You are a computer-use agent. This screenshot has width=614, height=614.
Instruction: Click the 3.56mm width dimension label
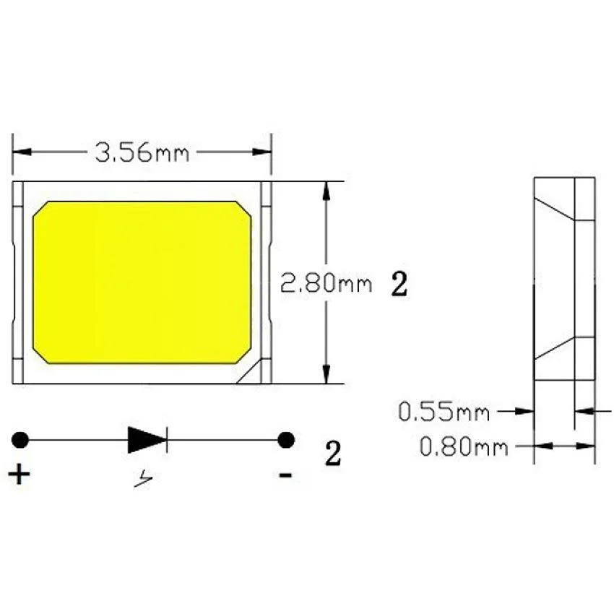point(142,153)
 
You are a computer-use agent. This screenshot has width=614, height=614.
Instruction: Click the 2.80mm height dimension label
point(326,283)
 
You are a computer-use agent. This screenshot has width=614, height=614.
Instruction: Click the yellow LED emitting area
point(142,282)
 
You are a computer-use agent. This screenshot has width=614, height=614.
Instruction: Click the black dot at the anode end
point(20,439)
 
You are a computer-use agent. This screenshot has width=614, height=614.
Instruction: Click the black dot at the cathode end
point(287,439)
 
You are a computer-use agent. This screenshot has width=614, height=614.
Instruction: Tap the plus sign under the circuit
point(20,475)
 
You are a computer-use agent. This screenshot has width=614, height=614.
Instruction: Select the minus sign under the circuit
point(286,475)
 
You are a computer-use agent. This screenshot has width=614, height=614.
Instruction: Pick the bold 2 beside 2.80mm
point(399,284)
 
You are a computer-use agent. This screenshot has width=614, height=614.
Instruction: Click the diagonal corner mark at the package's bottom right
point(249,373)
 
